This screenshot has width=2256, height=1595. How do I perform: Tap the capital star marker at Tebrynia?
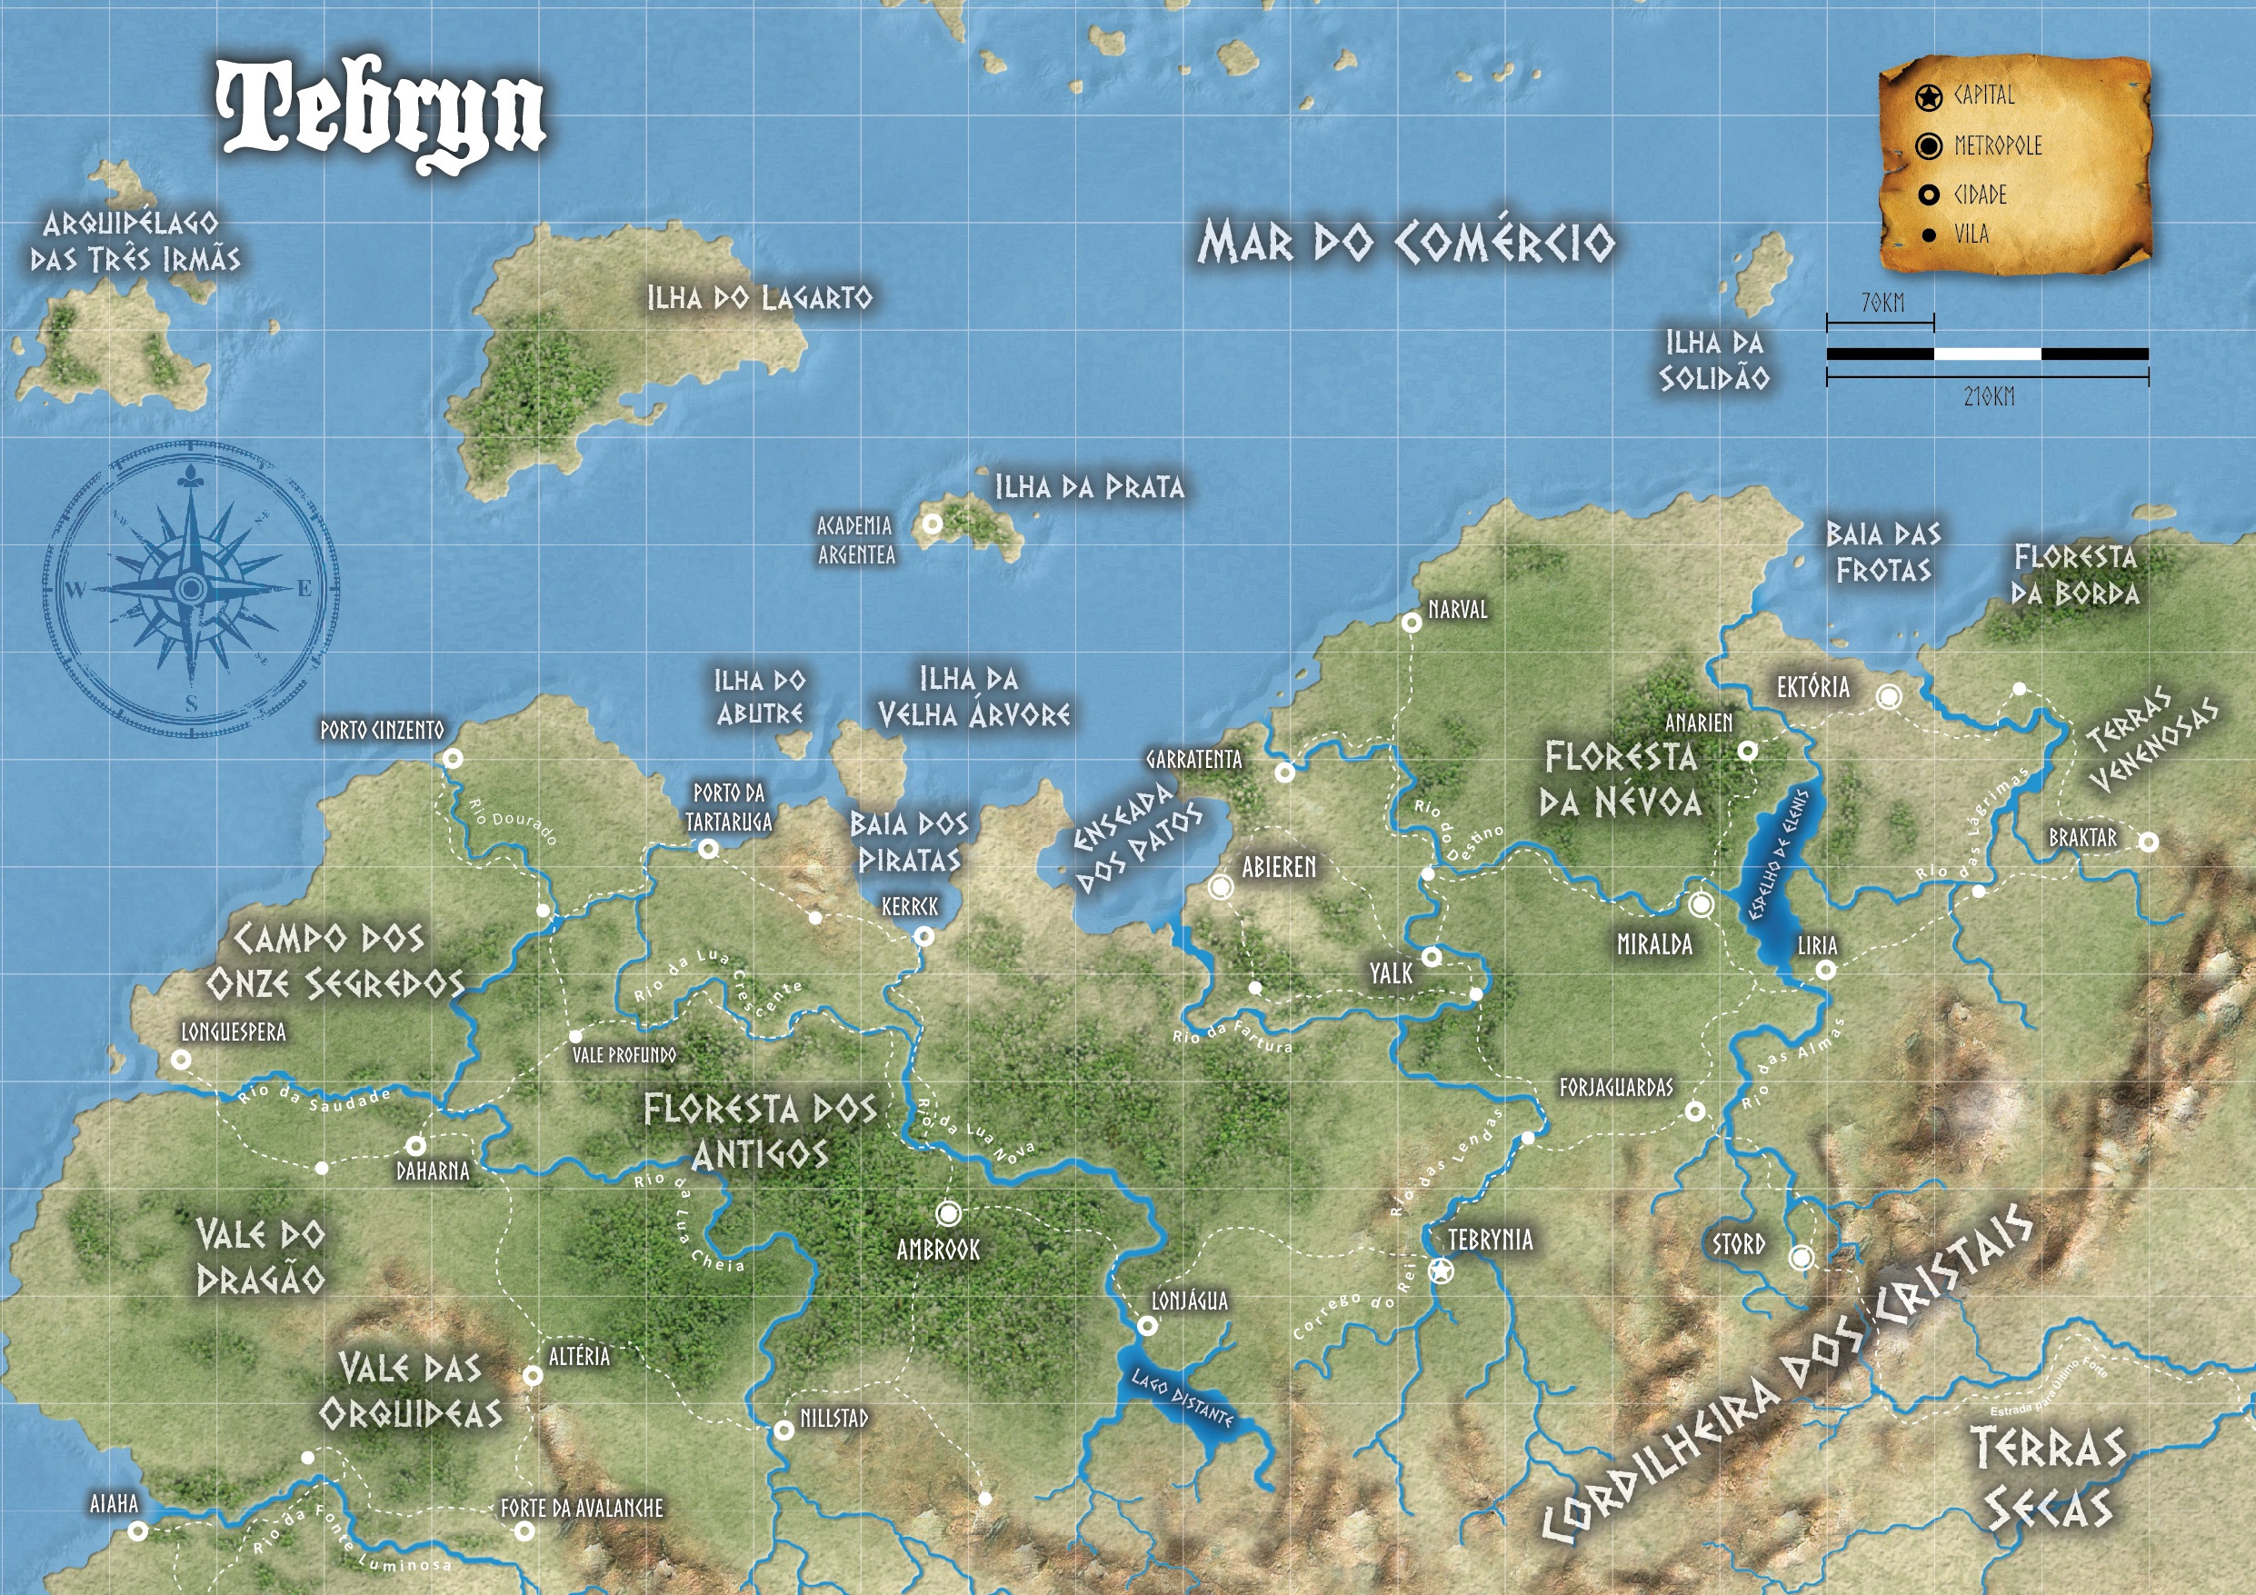[x=1441, y=1271]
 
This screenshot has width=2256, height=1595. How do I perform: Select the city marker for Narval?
[x=1411, y=622]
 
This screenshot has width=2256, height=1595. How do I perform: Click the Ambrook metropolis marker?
[x=948, y=1213]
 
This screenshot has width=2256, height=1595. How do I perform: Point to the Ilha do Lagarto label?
[x=759, y=298]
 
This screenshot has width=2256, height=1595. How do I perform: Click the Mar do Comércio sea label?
[x=1405, y=242]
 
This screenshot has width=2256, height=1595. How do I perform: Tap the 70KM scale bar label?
[x=1882, y=303]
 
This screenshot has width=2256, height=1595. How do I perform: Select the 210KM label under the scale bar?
[x=1989, y=397]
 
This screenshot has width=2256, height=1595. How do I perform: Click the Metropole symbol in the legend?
[x=1929, y=146]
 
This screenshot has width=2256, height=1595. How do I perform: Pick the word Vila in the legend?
[x=1972, y=234]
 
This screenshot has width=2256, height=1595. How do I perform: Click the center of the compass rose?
[x=191, y=589]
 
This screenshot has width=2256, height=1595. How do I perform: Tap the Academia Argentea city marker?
[x=932, y=523]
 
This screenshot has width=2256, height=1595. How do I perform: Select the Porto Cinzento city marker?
[x=453, y=758]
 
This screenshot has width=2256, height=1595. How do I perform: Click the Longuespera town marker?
[x=181, y=1060]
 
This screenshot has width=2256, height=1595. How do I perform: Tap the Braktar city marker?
[x=2149, y=842]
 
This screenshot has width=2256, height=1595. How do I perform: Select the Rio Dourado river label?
[x=513, y=822]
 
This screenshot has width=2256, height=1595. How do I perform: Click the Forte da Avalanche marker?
[x=524, y=1530]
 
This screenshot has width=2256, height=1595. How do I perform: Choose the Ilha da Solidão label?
[x=1714, y=360]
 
